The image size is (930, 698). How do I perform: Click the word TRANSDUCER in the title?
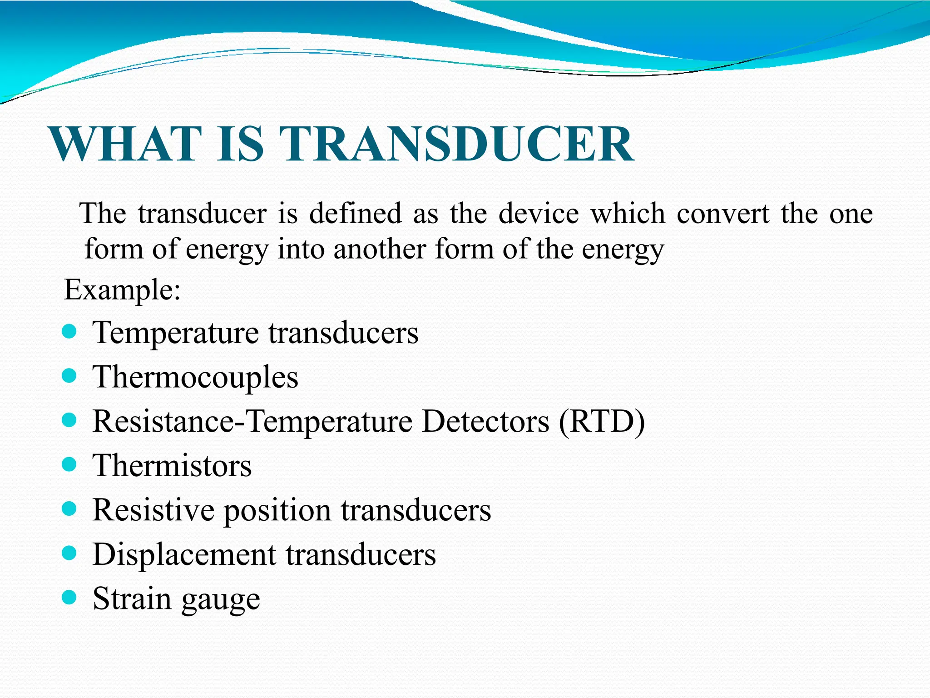[457, 145]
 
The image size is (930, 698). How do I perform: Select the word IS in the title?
[240, 145]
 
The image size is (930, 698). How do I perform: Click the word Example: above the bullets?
[123, 290]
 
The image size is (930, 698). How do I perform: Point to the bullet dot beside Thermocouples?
[69, 376]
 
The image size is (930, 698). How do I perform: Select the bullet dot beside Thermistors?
[69, 464]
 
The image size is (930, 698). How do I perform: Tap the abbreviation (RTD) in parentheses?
[602, 421]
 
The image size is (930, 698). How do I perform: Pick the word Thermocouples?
[195, 377]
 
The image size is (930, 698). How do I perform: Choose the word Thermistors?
[172, 466]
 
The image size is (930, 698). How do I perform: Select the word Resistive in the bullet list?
[153, 510]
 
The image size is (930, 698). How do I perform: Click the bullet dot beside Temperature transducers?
[69, 332]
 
